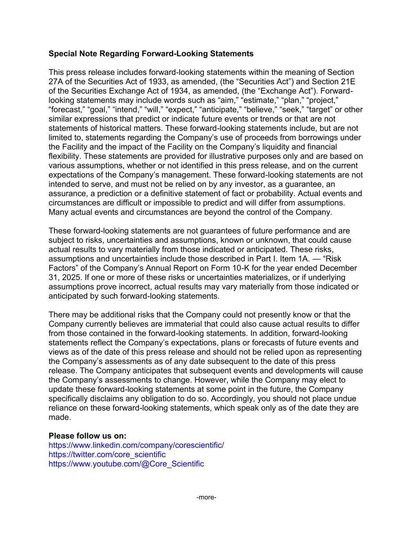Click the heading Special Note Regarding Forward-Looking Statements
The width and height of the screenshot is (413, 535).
click(151, 54)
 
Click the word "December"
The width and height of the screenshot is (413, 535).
click(338, 268)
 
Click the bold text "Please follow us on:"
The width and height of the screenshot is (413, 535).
click(87, 436)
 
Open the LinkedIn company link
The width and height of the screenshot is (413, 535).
click(136, 445)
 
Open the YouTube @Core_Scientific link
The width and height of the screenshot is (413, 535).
click(126, 464)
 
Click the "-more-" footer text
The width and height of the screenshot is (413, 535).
click(206, 498)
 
